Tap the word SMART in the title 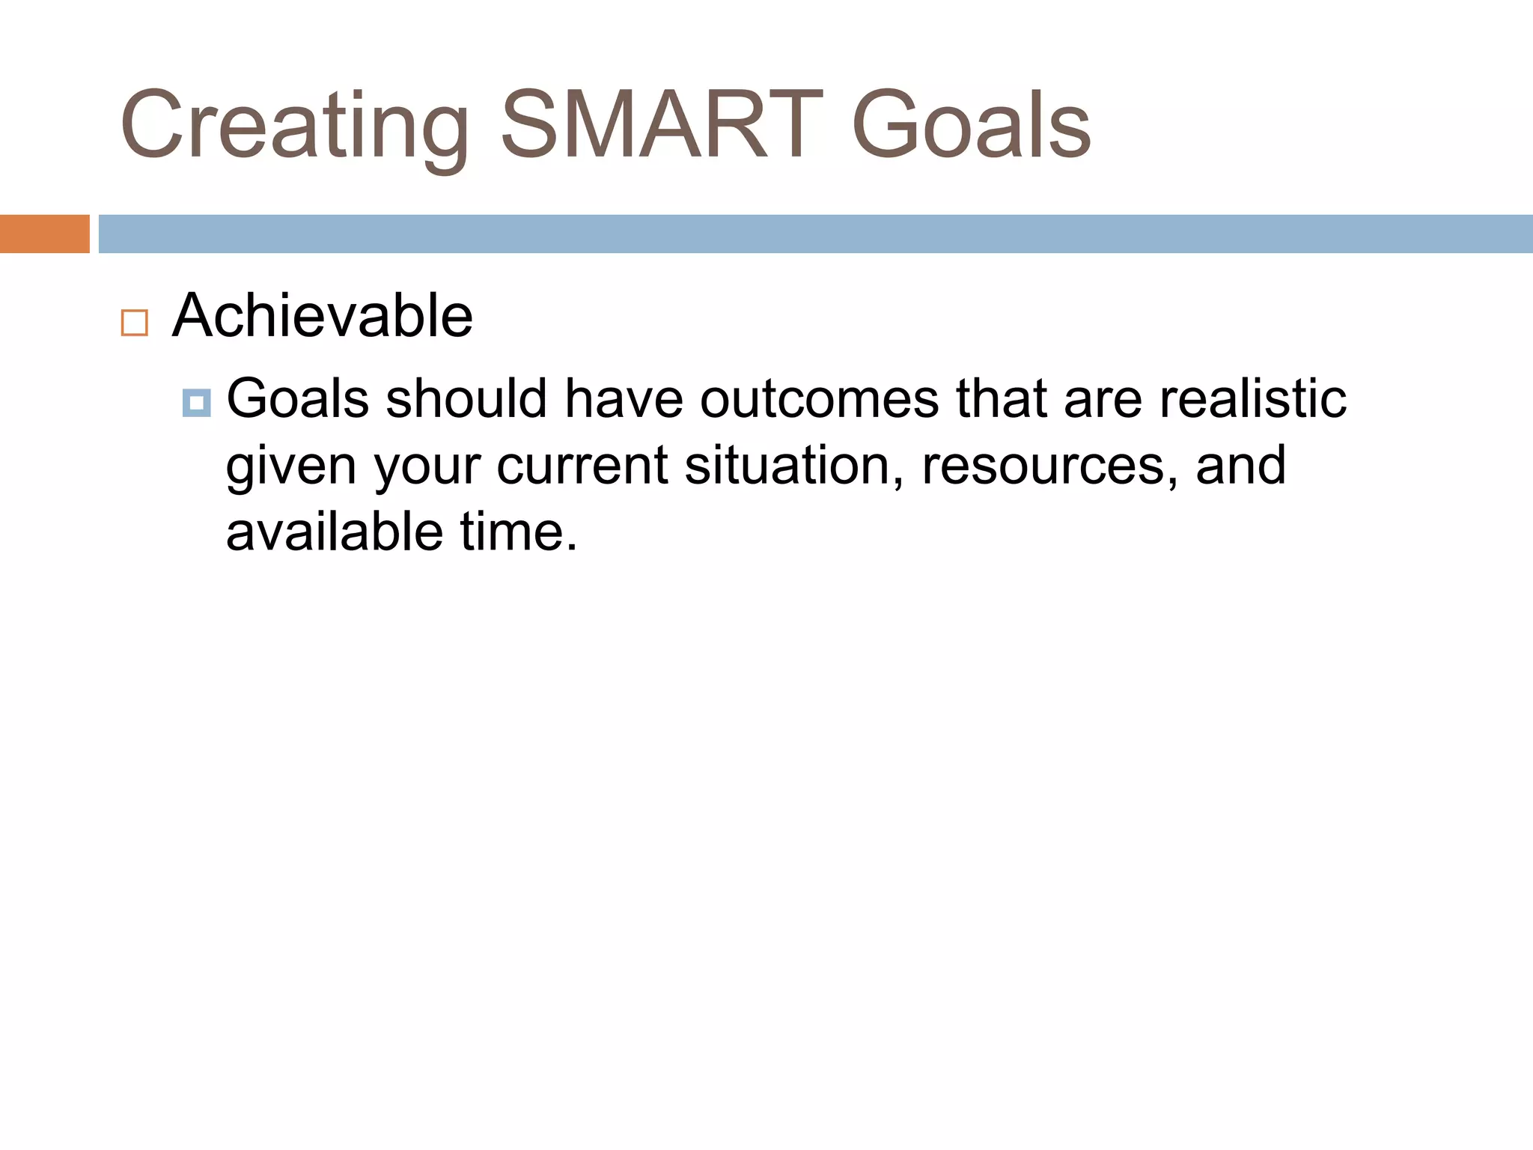tap(662, 126)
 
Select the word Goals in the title tap(971, 126)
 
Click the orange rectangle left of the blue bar tap(44, 234)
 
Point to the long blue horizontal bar tap(814, 234)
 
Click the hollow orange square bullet tap(135, 323)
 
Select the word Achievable tap(323, 316)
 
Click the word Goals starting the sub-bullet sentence tap(298, 398)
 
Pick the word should tap(466, 398)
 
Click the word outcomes tap(819, 398)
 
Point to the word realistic tap(1252, 398)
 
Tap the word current tap(582, 466)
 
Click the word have tap(624, 398)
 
